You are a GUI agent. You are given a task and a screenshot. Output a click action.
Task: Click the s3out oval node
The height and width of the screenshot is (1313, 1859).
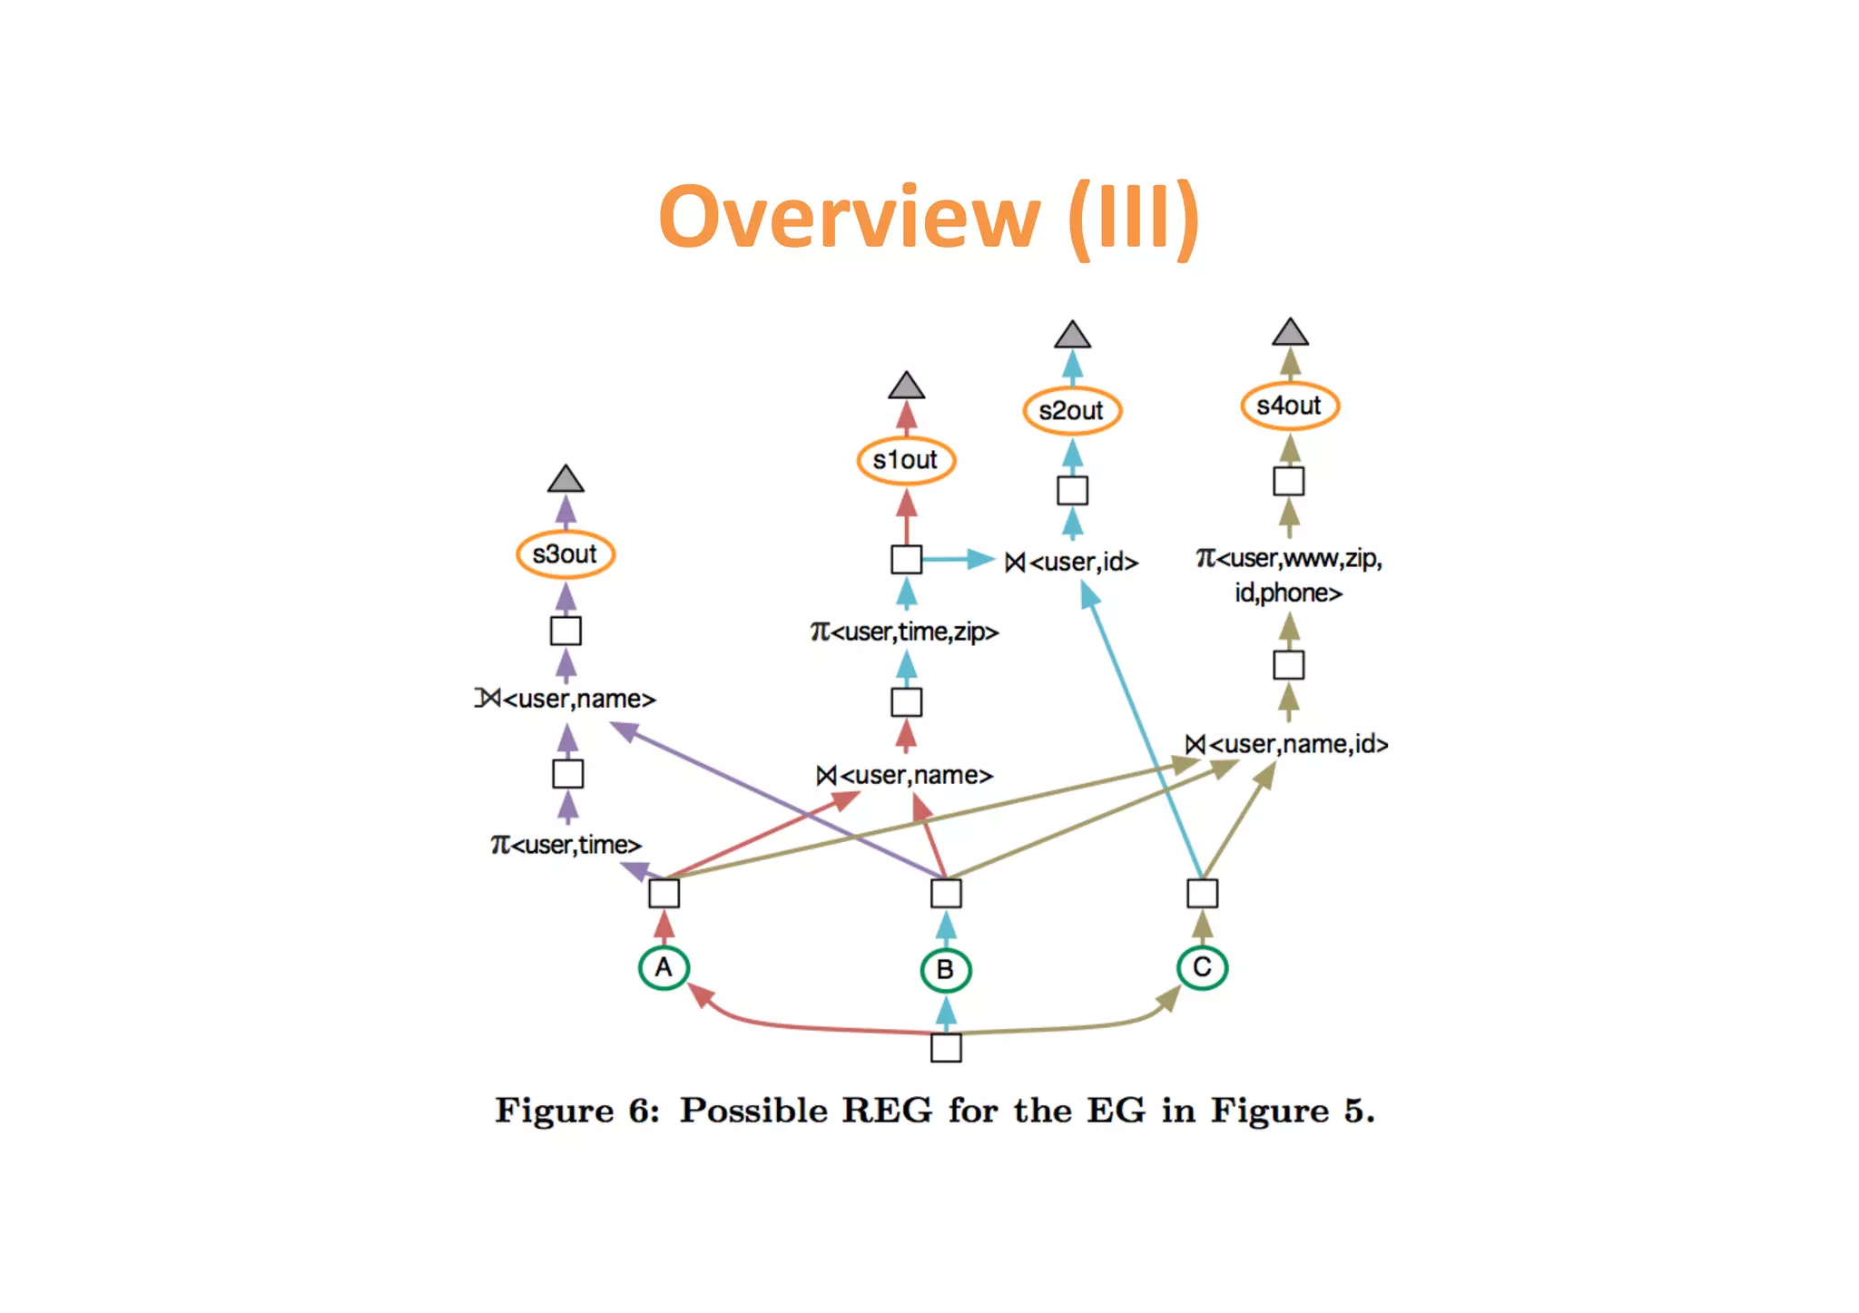point(565,554)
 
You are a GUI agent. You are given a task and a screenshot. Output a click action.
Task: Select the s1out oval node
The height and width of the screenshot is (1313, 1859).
point(905,460)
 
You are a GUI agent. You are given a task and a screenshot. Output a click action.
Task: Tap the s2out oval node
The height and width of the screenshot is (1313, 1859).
point(1071,410)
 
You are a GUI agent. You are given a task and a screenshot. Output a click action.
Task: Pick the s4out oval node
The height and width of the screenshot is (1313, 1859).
point(1289,406)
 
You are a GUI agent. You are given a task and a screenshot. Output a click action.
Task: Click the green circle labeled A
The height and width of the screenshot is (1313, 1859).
point(664,967)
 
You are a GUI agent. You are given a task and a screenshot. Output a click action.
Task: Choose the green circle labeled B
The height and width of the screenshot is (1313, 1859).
point(945,969)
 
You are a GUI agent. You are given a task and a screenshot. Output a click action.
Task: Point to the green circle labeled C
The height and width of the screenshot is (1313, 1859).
point(1202,967)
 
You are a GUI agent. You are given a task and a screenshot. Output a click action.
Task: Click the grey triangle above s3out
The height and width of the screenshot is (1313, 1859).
point(566,480)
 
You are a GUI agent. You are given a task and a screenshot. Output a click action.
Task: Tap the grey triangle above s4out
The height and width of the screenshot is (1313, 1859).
point(1290,333)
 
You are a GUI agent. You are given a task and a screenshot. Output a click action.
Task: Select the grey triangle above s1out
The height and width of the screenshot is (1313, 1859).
point(906,387)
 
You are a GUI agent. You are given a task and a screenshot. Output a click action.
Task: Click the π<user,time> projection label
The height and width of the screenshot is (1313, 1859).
point(566,845)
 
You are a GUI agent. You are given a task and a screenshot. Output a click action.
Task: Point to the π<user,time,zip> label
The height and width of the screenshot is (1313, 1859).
point(904,632)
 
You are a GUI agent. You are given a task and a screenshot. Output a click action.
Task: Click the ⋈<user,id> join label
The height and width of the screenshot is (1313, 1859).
point(1071,563)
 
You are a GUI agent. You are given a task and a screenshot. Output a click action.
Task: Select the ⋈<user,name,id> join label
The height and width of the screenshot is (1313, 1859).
point(1287,744)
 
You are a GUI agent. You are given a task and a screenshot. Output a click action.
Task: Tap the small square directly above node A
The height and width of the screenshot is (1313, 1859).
point(664,894)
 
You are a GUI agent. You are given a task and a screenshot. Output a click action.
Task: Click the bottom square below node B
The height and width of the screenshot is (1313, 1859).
point(946,1048)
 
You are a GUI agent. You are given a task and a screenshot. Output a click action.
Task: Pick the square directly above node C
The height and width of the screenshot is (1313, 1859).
point(1202,894)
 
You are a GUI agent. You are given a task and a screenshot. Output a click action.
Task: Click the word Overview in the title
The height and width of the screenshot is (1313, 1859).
point(849,218)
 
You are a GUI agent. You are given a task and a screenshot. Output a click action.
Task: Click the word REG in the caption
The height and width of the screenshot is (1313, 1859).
point(886,1111)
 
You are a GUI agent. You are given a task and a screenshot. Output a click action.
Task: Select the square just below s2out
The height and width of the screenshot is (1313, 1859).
point(1072,491)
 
